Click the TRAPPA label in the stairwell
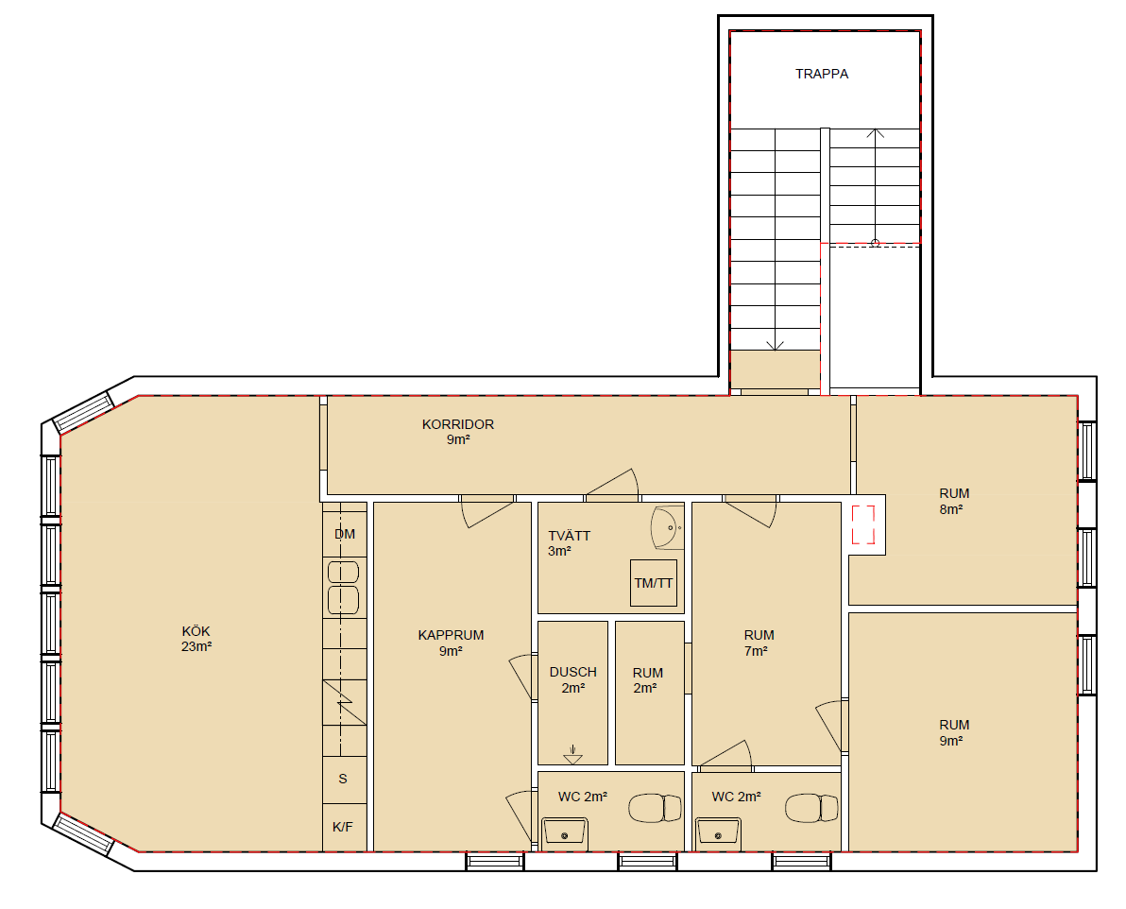coord(822,74)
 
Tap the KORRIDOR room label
coord(458,432)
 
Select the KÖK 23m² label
coord(196,639)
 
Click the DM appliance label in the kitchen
coord(345,534)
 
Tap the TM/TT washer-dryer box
coord(654,583)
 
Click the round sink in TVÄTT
coord(667,528)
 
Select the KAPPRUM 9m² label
coord(451,643)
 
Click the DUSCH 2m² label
coord(573,679)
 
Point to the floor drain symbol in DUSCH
coord(572,754)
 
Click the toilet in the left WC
coord(655,808)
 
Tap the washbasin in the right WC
coord(718,833)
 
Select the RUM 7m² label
coord(759,643)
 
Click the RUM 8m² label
coord(954,502)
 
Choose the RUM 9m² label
coord(954,733)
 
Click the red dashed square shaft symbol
coord(864,524)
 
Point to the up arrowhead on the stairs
coord(875,133)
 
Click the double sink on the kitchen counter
coord(343,587)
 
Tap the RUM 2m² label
coord(647,680)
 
